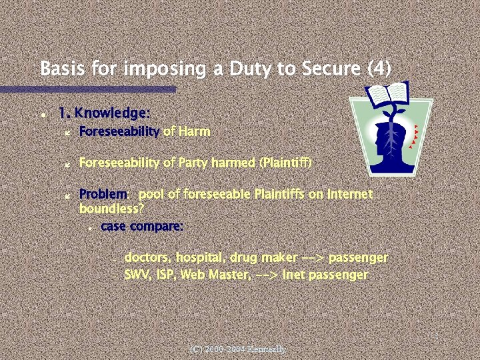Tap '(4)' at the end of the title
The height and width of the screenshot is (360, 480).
(378, 69)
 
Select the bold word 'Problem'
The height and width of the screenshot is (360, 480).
(103, 194)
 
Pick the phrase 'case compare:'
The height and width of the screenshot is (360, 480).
(142, 226)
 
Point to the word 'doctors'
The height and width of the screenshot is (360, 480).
(147, 257)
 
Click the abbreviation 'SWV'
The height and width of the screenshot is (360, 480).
(138, 274)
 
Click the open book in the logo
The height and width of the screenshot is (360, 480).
(388, 94)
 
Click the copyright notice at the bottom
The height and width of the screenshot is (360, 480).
(238, 349)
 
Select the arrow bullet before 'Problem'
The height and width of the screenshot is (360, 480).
(67, 195)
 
